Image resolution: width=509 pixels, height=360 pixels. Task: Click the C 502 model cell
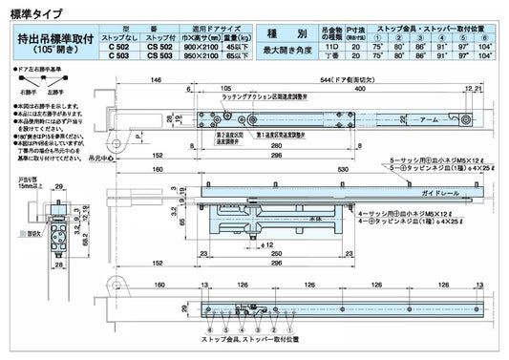pyautogui.click(x=121, y=46)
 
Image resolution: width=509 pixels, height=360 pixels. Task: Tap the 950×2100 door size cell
pyautogui.click(x=202, y=55)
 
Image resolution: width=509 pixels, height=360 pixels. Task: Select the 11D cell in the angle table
pyautogui.click(x=331, y=46)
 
